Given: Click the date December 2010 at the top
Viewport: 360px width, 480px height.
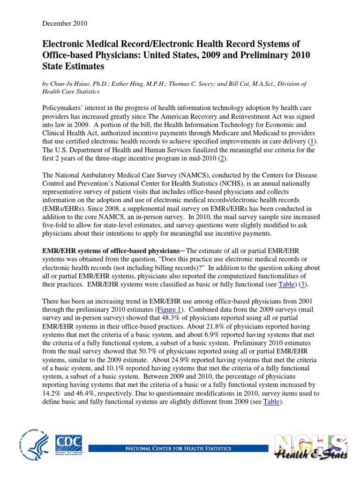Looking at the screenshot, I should click(x=65, y=23).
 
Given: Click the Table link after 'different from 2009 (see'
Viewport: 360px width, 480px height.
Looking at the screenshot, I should click(x=272, y=402).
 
